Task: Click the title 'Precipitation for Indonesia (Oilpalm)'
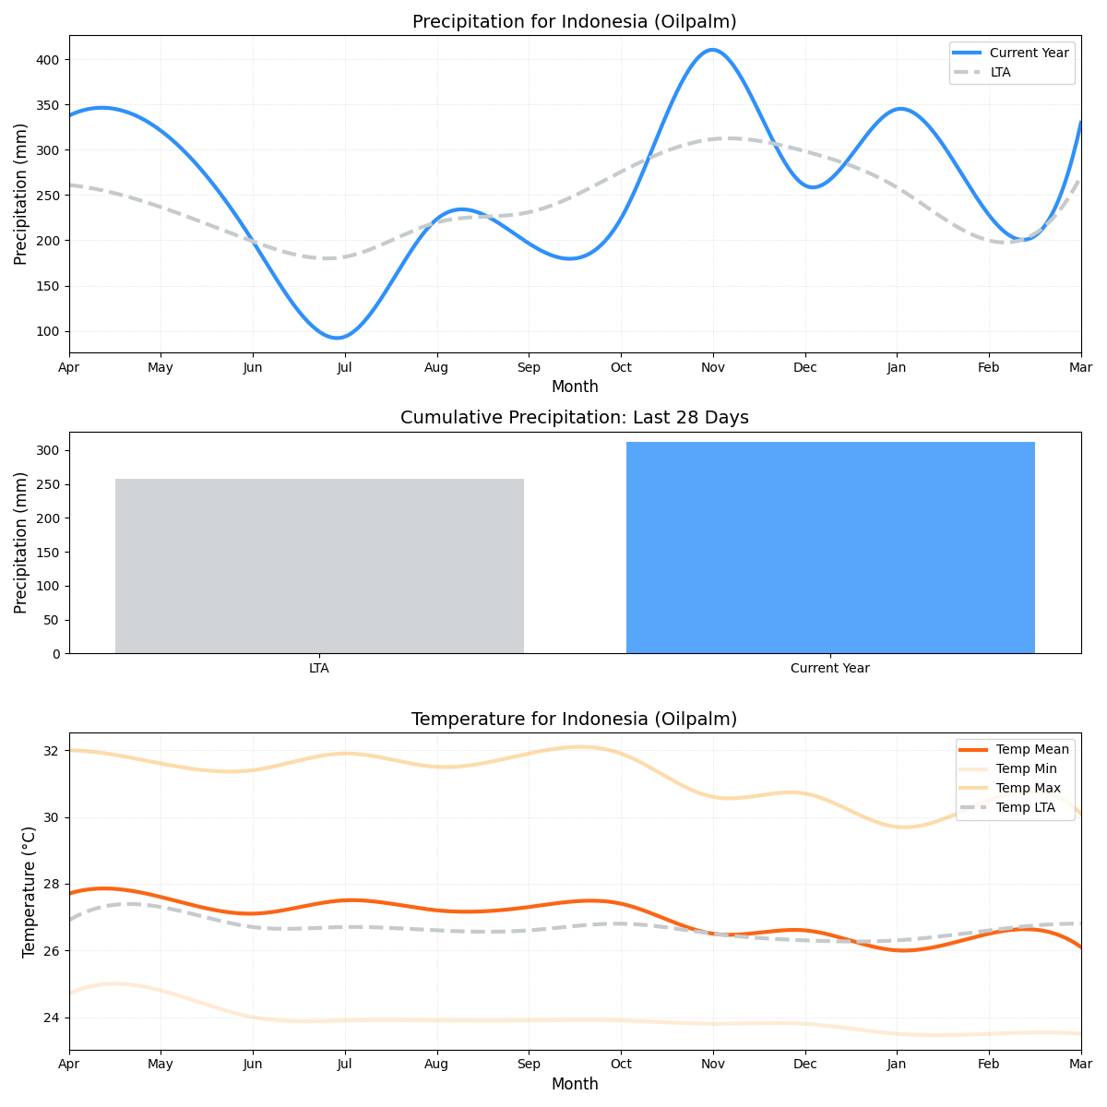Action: pyautogui.click(x=574, y=21)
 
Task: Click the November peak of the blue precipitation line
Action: pyautogui.click(x=711, y=50)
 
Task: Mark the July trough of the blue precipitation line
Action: pyautogui.click(x=339, y=338)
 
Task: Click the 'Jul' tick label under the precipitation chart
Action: pyautogui.click(x=344, y=367)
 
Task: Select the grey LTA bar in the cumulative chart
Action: pyautogui.click(x=319, y=565)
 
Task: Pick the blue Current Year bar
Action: pyautogui.click(x=830, y=547)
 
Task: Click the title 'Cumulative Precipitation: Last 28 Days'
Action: pyautogui.click(x=574, y=418)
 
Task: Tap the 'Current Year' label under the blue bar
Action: pyautogui.click(x=829, y=668)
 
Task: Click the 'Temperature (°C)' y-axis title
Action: pyautogui.click(x=29, y=891)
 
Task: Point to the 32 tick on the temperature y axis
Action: pyautogui.click(x=53, y=751)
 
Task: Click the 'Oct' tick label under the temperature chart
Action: pyautogui.click(x=620, y=1065)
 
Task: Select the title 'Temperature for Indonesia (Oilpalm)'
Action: pyautogui.click(x=574, y=719)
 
